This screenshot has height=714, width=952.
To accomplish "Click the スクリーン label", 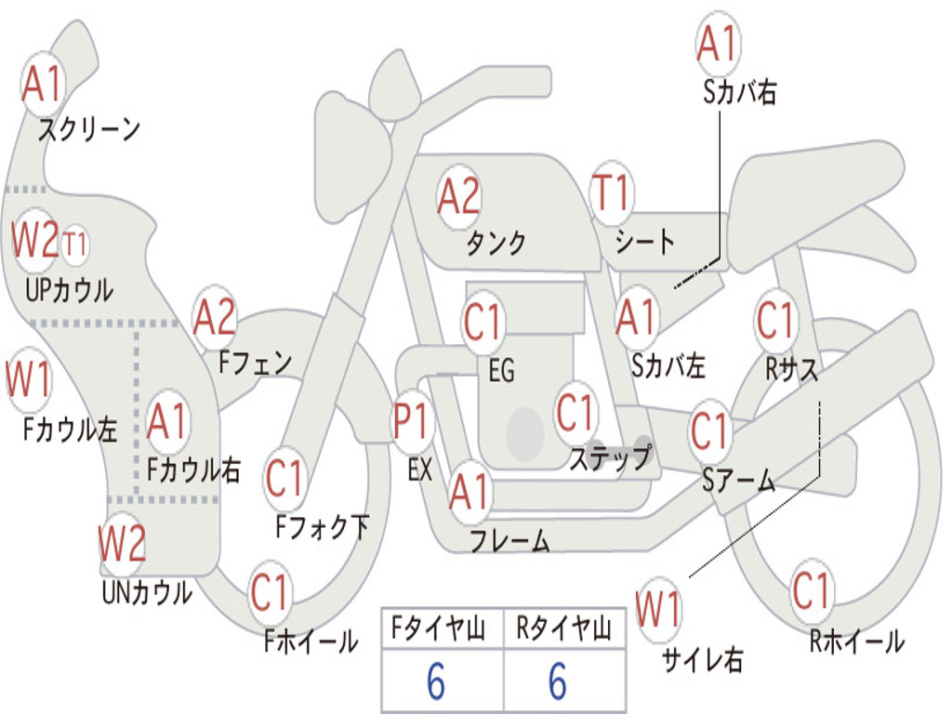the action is point(89,129).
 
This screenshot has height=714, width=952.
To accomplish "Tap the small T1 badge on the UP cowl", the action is point(75,245).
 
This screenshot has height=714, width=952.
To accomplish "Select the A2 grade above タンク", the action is point(459,196).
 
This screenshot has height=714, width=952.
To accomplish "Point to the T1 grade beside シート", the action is point(611,193).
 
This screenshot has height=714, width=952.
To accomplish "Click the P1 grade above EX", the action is point(413,422).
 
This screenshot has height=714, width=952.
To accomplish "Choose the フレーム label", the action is point(509,541).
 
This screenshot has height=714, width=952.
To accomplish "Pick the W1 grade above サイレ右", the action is point(659,611).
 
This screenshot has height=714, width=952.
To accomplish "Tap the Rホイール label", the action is point(856,641).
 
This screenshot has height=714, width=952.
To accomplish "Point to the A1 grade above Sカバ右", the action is point(718,44).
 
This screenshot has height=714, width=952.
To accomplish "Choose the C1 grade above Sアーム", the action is point(711,431).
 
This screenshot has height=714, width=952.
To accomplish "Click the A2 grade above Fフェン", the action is point(215,318).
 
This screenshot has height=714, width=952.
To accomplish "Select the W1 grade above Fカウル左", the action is point(29,381).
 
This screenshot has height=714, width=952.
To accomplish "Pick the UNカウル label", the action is point(146,591).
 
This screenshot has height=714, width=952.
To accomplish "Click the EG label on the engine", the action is point(501,371).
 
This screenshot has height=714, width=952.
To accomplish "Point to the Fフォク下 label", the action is point(322,528).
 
